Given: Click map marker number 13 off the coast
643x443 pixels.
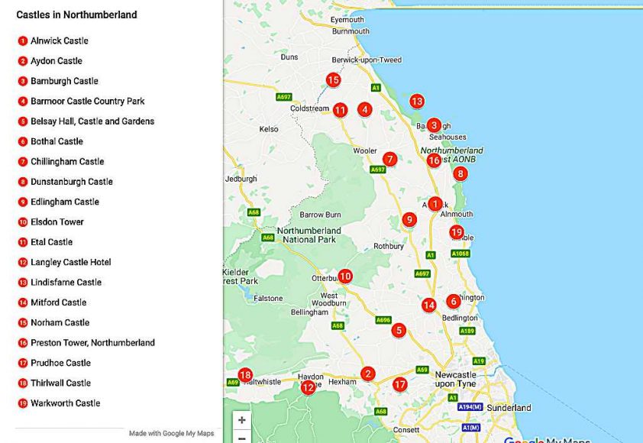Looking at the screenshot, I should click(416, 101).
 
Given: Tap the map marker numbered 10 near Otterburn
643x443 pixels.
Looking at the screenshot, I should click(345, 276).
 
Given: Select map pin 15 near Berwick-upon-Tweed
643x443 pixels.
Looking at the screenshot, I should click(333, 79).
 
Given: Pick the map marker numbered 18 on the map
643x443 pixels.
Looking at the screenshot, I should click(245, 375).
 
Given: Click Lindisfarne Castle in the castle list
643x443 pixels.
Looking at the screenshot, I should click(66, 283).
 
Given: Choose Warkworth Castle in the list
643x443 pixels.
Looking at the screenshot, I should click(65, 403).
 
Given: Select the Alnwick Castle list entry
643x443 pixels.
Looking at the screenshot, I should click(59, 41).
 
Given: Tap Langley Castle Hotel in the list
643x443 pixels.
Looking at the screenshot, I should click(70, 263).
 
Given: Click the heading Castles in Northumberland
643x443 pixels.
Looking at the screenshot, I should click(77, 15).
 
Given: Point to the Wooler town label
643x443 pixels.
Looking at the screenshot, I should click(365, 151).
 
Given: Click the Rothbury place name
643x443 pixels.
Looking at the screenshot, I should click(389, 247).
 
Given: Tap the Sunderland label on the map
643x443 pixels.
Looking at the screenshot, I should click(509, 408).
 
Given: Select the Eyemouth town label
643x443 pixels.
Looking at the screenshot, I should click(347, 20).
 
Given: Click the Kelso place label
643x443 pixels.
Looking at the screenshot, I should click(270, 130).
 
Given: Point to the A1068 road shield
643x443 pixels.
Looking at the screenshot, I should click(460, 254).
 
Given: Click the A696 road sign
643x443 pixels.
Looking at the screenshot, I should click(383, 320).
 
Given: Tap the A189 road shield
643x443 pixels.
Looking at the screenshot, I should click(467, 331).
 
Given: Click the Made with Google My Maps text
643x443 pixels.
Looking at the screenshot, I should click(171, 434).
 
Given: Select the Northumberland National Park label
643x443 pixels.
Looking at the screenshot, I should click(309, 235).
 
